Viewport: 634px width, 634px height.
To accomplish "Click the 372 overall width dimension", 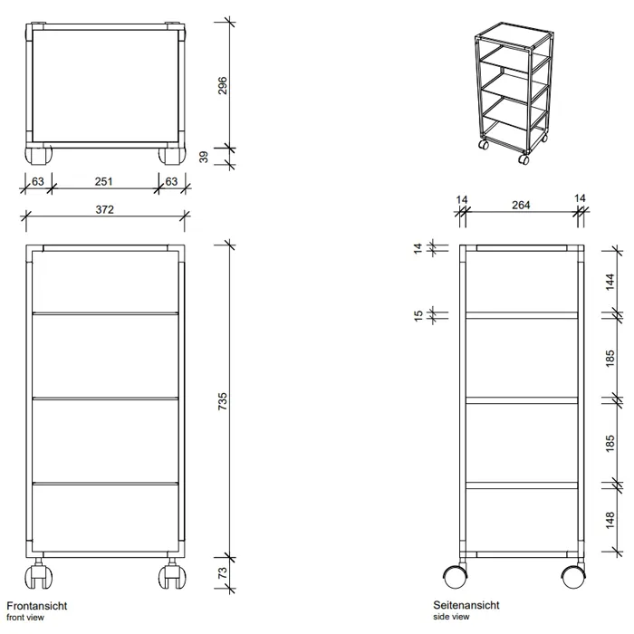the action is click(105, 209).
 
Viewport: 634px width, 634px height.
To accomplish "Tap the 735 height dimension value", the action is click(223, 401).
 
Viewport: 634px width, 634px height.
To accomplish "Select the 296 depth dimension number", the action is click(223, 85).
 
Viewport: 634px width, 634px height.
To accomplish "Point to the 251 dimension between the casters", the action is click(103, 181).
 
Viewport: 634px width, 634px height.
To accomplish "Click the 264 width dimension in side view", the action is click(521, 205).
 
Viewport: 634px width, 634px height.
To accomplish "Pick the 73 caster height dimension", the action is click(223, 573).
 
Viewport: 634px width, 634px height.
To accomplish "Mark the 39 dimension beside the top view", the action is click(204, 157).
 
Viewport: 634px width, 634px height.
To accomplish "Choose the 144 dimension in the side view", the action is click(610, 282).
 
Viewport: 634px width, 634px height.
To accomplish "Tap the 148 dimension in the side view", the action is click(610, 520).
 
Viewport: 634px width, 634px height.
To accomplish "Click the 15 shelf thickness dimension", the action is click(418, 316).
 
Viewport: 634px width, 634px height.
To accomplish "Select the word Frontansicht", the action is click(37, 606).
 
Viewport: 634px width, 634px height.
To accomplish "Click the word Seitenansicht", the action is click(466, 605).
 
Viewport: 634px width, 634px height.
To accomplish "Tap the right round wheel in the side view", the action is click(573, 577).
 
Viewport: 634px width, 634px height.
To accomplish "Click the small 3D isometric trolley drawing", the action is click(514, 93).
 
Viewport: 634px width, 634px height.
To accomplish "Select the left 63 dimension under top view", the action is click(38, 181).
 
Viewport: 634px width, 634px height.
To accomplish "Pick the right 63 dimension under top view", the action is click(171, 181).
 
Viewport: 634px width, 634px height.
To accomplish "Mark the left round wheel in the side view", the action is click(456, 577).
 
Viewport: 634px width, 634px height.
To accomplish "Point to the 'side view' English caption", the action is click(451, 617).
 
